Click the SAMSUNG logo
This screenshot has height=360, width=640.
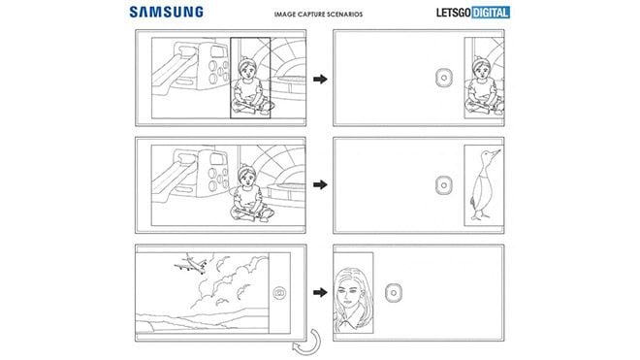164,12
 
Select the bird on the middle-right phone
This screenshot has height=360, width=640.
482,183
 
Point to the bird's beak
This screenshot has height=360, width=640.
499,152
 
